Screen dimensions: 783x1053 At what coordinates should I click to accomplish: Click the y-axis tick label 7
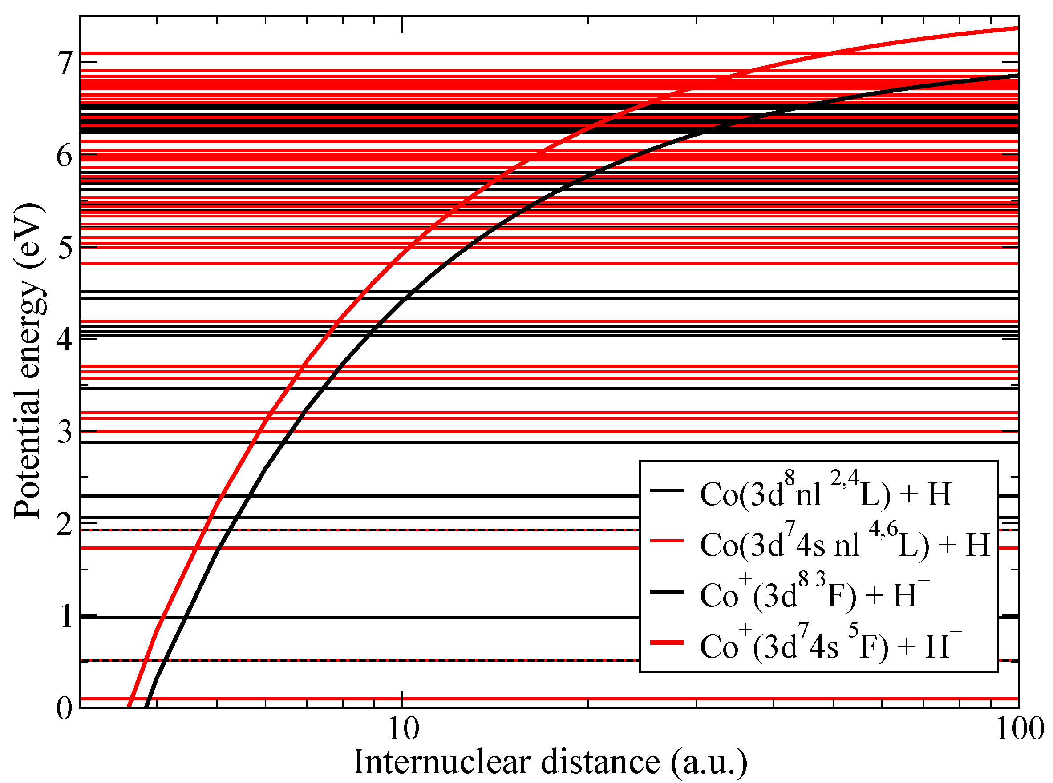tap(65, 63)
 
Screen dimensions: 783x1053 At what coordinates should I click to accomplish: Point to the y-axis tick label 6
tap(65, 156)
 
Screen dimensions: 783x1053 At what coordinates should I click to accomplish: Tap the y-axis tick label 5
tap(65, 247)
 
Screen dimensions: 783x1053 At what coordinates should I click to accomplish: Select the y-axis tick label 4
tap(65, 339)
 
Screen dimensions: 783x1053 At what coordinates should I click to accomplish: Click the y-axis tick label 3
tap(65, 432)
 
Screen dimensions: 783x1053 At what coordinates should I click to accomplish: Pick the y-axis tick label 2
tap(65, 524)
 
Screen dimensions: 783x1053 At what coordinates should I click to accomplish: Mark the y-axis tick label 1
tap(65, 617)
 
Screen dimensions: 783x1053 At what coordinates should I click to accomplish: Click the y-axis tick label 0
tap(65, 709)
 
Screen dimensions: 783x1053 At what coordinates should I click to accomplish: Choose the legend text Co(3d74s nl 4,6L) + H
tap(845, 544)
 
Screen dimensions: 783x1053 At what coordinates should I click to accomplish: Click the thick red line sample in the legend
tap(666, 642)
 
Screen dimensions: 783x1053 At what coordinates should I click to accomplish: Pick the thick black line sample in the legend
tap(666, 591)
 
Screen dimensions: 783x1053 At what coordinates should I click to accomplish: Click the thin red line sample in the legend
tap(666, 541)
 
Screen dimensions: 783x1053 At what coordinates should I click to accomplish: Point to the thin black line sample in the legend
tap(666, 490)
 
